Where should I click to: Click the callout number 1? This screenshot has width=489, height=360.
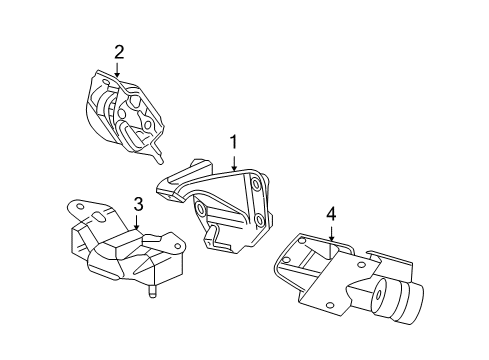(x=234, y=142)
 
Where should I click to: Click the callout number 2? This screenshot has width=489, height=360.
(x=119, y=51)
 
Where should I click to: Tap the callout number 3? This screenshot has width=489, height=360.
(x=139, y=205)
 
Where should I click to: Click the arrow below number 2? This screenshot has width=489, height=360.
(x=119, y=70)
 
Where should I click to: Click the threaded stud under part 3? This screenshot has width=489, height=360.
(x=153, y=293)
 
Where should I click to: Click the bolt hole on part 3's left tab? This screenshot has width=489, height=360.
(x=79, y=207)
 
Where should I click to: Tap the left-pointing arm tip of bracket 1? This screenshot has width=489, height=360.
(x=162, y=184)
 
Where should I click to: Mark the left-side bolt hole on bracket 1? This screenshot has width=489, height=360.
(x=200, y=210)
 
